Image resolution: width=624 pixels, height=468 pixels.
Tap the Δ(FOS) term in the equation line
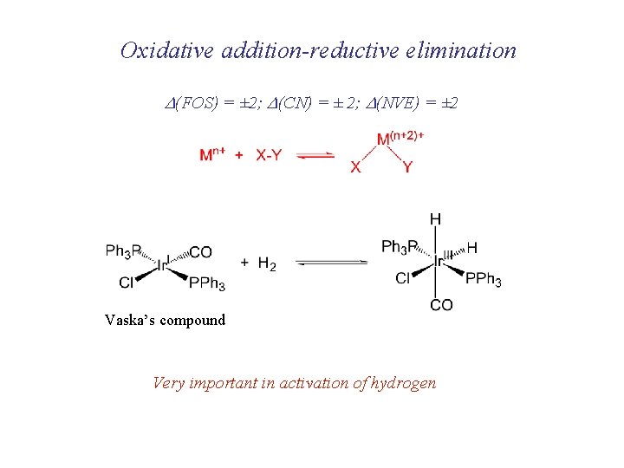point(192,103)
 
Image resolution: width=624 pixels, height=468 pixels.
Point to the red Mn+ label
point(212,155)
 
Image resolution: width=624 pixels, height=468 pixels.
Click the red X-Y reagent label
point(269,155)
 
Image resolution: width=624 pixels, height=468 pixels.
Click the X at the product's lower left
point(355,167)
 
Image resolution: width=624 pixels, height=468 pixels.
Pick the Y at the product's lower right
point(408,167)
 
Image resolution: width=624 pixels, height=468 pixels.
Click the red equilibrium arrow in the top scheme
point(315,155)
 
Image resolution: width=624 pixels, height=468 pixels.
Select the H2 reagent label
point(268,263)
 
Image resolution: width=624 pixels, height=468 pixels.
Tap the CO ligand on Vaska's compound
point(200,252)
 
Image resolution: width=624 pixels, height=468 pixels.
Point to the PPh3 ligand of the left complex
point(207,283)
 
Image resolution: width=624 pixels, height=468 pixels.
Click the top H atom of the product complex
point(435,218)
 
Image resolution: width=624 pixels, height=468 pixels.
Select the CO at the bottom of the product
point(441,305)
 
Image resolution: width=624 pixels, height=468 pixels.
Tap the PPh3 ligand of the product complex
point(483,279)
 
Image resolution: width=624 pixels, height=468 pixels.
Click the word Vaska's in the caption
point(132,320)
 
